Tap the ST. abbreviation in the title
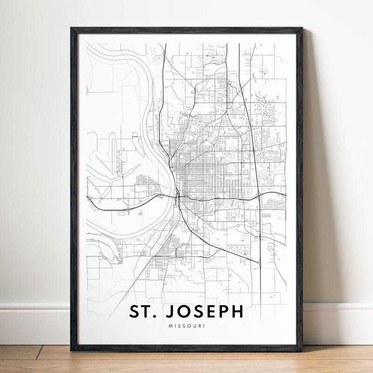point(141,311)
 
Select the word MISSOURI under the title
point(186,326)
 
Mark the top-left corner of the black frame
point(71,28)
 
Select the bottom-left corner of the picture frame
point(71,350)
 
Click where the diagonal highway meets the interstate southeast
point(259,262)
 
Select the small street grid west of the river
point(142,186)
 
